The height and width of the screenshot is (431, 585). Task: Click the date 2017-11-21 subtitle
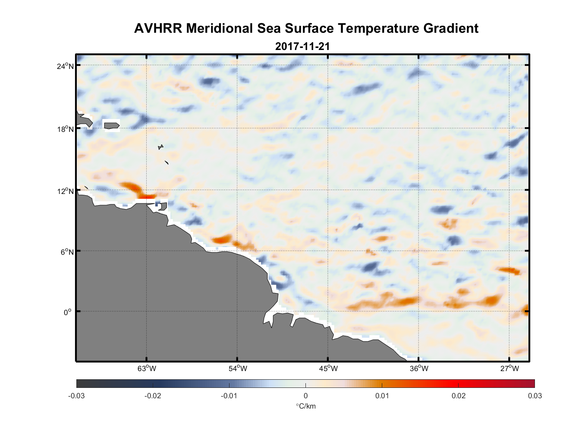pos(302,47)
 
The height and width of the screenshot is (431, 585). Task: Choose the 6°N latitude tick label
pos(67,252)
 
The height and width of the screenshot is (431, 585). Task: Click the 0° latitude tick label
pos(68,312)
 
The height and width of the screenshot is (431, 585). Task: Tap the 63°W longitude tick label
pos(147,369)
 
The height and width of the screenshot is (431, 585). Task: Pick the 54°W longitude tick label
pos(238,369)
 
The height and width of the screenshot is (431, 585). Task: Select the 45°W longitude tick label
pos(328,369)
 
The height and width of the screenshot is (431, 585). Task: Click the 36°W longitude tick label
pos(419,369)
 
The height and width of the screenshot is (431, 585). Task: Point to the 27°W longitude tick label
pos(510,369)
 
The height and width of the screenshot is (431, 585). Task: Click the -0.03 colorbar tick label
pos(76,396)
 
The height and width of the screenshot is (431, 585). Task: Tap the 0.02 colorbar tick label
pos(458,396)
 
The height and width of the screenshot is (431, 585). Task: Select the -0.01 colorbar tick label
pos(229,396)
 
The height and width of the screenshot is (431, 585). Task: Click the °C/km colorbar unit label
pos(305,406)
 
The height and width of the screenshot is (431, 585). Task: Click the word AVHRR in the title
pos(158,28)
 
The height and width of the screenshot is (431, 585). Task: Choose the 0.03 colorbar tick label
pos(535,396)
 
